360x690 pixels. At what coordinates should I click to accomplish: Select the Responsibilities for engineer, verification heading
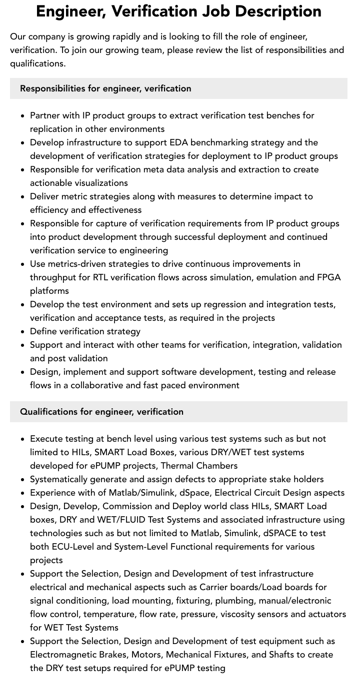pos(105,88)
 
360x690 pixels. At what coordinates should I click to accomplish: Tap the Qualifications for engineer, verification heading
pos(101,412)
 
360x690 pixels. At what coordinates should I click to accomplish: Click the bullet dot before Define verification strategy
pos(23,332)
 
